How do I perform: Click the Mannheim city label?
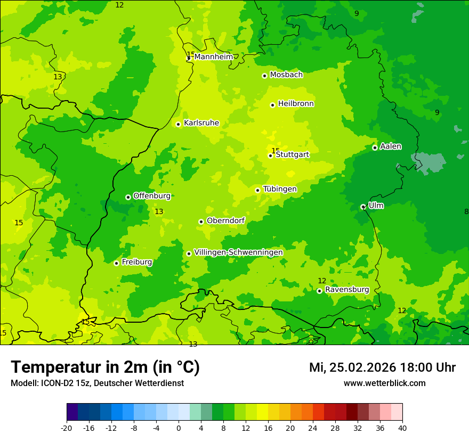point(214,57)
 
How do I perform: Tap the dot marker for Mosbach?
point(264,76)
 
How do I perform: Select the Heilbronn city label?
point(296,104)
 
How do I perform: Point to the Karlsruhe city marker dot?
point(179,124)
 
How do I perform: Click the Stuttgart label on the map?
point(292,154)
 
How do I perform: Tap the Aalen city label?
point(391,146)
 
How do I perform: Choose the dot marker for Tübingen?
point(258,190)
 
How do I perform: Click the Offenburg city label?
point(152,196)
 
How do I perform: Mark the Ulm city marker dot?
point(363,207)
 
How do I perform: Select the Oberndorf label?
point(225,220)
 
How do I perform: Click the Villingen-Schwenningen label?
point(238,252)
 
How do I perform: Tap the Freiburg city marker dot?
point(116,263)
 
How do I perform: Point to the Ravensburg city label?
point(347,290)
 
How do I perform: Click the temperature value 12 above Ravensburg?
point(322,281)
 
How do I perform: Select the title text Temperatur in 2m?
point(105,367)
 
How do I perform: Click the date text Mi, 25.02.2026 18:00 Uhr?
point(382,367)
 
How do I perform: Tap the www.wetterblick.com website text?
point(384,383)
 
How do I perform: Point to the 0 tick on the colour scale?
point(179,428)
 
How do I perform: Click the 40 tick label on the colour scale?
point(402,428)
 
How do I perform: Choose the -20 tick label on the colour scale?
point(67,428)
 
